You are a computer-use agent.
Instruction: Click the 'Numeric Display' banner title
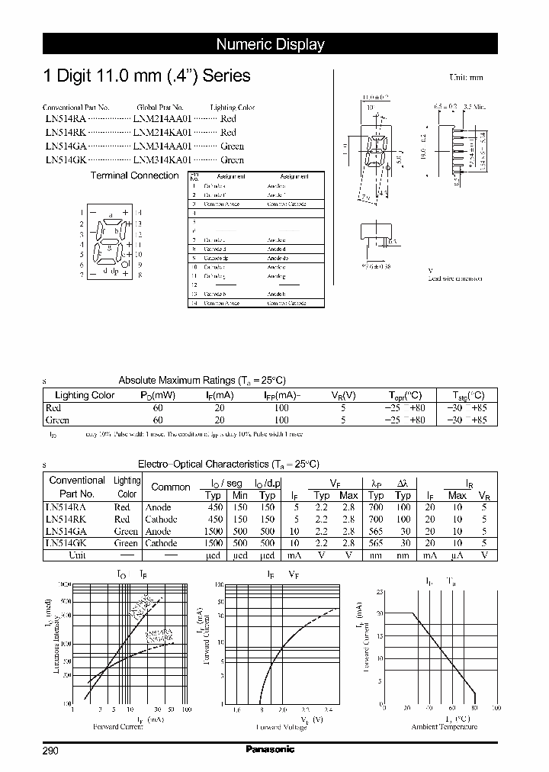tap(270, 44)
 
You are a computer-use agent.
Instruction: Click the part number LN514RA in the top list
tap(65, 119)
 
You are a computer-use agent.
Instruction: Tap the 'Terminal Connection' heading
tap(134, 175)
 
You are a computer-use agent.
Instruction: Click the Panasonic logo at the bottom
tap(270, 749)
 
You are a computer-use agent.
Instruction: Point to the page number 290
tap(50, 751)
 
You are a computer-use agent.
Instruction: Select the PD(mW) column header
tap(158, 395)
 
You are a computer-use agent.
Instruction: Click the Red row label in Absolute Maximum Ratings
tap(56, 408)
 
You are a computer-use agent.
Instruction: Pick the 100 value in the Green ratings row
tap(281, 420)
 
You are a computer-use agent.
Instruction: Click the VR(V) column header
tap(343, 395)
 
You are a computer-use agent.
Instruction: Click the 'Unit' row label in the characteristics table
tap(77, 555)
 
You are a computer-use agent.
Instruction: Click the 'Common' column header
tap(171, 487)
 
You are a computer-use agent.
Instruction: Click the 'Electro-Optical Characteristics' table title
tap(228, 464)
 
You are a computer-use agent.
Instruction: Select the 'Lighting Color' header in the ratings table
tap(85, 395)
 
